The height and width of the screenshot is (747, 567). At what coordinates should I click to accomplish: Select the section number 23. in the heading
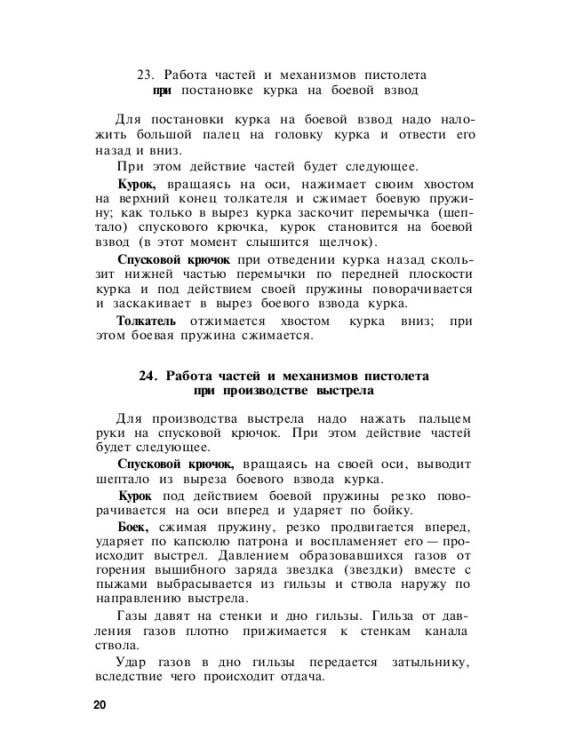[147, 75]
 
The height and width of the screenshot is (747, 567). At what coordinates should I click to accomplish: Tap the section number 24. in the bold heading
[149, 376]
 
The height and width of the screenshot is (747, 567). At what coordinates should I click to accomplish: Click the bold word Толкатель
[147, 321]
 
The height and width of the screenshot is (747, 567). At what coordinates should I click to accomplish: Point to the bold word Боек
[134, 526]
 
